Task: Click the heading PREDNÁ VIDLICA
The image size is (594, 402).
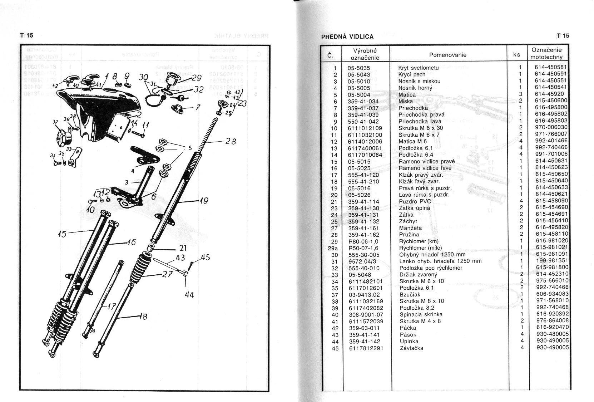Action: tap(347, 36)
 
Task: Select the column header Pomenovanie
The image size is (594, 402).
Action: tap(447, 55)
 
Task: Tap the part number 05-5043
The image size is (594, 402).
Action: tap(359, 74)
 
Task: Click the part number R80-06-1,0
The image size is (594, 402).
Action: tap(363, 241)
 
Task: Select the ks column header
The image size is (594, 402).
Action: tap(516, 55)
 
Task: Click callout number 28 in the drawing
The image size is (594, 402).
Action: tap(231, 141)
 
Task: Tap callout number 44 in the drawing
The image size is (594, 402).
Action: tap(189, 295)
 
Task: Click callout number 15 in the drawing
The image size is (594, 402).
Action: tap(62, 234)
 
